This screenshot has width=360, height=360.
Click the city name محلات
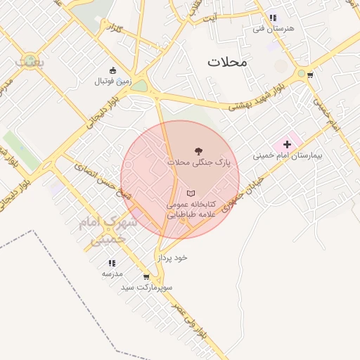point(228,62)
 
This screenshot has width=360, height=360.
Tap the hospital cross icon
point(287,144)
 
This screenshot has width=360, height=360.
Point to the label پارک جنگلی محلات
point(198,162)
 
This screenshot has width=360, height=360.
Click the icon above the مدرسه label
point(112,263)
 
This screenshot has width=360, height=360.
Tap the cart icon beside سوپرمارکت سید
point(146,276)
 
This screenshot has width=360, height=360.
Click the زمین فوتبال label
point(112,81)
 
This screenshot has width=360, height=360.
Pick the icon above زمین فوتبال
point(112,70)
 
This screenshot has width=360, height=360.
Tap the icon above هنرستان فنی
point(273,18)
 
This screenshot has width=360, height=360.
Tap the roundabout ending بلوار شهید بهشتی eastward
point(302,73)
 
